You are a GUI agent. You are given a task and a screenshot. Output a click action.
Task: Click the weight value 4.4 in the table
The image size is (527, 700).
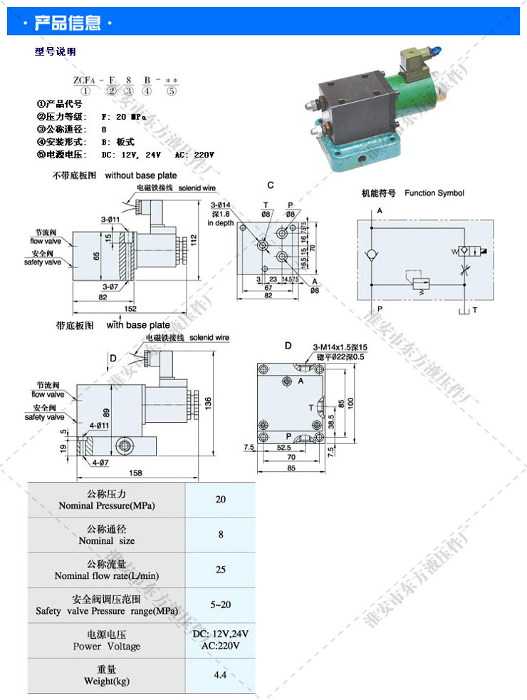point(220,674)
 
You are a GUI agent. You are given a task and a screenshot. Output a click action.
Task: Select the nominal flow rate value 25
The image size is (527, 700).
point(220,569)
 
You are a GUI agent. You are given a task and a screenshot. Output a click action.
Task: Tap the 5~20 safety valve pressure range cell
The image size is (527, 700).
point(220,604)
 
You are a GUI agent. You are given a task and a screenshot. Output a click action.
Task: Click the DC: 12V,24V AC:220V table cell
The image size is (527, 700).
point(220,639)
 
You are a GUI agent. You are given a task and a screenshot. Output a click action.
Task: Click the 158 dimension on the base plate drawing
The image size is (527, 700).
point(135,472)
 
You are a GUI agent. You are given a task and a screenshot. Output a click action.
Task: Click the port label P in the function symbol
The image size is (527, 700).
point(380,309)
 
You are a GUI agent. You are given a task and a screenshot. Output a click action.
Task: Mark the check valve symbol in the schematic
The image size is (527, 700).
point(371,254)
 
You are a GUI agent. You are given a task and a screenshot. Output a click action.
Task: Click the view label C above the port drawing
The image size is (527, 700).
point(271,185)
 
